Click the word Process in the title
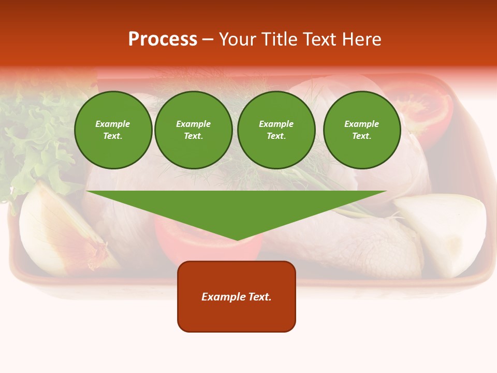163,39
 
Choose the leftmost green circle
113,130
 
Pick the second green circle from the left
193,130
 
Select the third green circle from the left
276,130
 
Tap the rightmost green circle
361,130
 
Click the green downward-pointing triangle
237,207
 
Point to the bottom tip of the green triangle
237,239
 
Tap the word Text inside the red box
260,297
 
